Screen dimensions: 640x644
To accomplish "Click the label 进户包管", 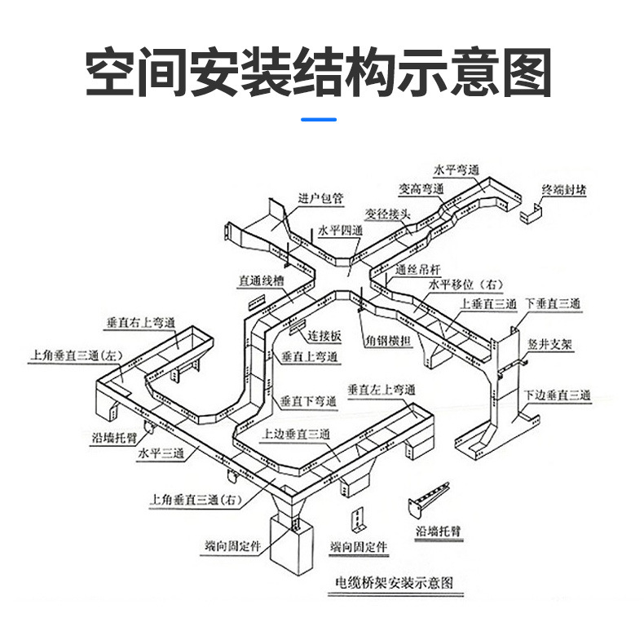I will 321,198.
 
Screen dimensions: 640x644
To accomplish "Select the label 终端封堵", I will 565,190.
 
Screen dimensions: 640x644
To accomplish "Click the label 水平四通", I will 340,232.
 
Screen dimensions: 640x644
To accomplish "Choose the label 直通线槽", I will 262,280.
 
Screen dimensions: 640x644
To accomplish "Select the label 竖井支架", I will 549,345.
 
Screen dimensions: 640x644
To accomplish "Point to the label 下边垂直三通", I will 558,395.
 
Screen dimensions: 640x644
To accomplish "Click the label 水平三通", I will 162,452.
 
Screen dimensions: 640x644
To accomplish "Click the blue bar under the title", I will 318,120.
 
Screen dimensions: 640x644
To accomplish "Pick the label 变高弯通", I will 421,188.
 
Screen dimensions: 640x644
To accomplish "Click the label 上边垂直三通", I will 296,435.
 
